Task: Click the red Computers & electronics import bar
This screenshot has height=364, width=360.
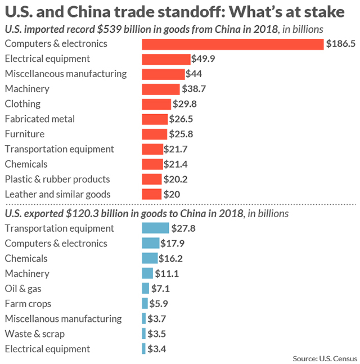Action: click(x=232, y=44)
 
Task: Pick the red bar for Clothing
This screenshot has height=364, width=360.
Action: click(x=156, y=104)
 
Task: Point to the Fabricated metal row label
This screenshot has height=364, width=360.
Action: click(x=39, y=119)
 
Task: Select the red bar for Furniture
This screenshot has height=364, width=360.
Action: click(x=154, y=134)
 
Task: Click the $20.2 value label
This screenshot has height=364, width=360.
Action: click(x=175, y=179)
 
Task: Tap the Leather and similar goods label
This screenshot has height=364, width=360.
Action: click(x=57, y=194)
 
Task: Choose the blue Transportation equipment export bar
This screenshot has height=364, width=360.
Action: click(x=155, y=228)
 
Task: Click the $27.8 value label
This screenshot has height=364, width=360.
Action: click(x=183, y=228)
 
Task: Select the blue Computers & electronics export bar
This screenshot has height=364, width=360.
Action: click(x=150, y=243)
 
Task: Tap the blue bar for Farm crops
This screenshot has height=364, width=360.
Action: click(x=145, y=304)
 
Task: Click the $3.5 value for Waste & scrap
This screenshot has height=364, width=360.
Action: click(x=157, y=334)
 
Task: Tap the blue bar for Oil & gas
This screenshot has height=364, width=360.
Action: click(x=146, y=289)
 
